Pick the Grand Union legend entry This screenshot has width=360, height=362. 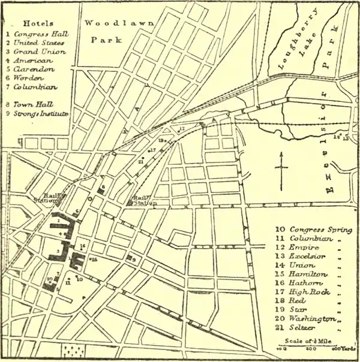click(37, 52)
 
